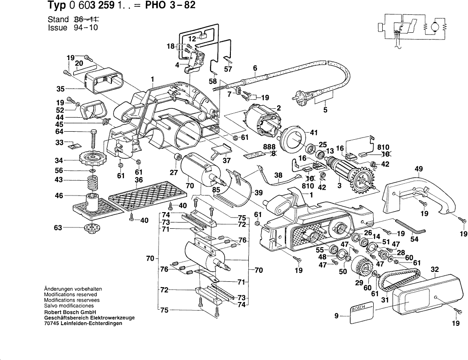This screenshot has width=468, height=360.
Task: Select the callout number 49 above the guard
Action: point(419,169)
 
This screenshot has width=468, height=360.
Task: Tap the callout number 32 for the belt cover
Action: point(434,270)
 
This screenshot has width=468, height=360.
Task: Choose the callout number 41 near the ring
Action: point(313,132)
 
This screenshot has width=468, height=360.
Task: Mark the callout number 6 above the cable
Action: point(255,68)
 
